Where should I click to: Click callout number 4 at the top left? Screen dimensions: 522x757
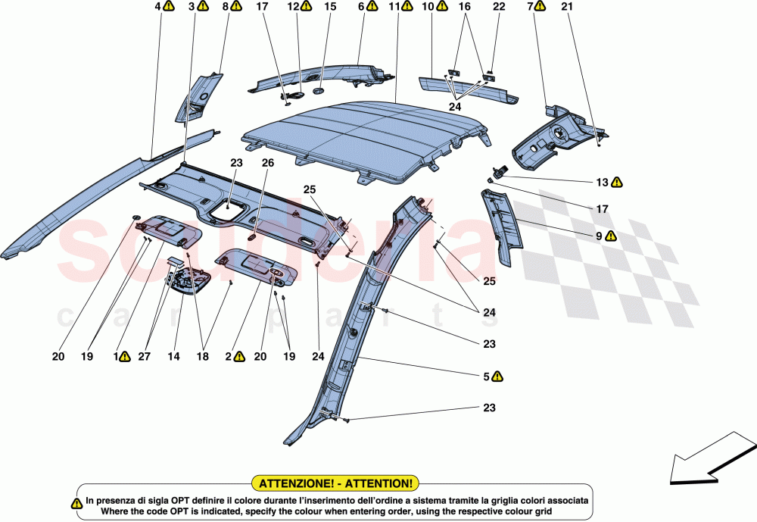coord(158,7)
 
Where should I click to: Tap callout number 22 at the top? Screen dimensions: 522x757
coord(498,7)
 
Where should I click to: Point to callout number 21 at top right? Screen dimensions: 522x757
coord(568,7)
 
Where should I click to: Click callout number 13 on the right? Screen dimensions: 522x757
coord(602,182)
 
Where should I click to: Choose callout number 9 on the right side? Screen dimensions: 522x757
coord(599,236)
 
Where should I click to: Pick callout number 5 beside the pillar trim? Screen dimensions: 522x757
coord(486,375)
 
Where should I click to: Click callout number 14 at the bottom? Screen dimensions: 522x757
coord(177,355)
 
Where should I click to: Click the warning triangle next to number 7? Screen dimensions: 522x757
coord(540,7)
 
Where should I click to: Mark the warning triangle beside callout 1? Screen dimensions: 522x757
coord(126,355)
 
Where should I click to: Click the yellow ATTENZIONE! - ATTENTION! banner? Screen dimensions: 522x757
coord(336,483)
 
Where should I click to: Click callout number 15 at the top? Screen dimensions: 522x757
coord(330,7)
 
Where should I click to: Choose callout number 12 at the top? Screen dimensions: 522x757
coord(293,7)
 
